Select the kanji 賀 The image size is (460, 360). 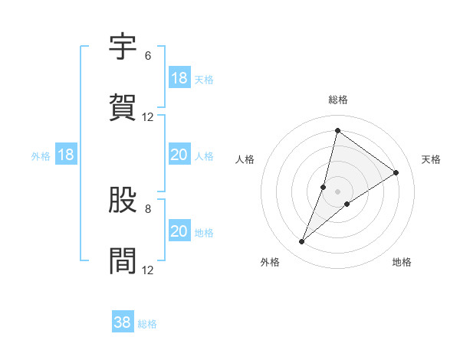pos(123,108)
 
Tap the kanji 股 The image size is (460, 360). pos(123,200)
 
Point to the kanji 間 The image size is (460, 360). pos(123,261)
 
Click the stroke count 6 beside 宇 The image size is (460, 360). pos(147,56)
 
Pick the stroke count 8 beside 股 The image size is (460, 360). pos(147,208)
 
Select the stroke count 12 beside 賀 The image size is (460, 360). pos(148,117)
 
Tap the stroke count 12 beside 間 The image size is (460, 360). pos(148,270)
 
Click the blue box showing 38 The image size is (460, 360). pos(123,323)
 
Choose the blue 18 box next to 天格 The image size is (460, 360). pos(179,78)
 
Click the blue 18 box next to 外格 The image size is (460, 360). pos(66,155)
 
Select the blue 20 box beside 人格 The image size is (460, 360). pos(179,155)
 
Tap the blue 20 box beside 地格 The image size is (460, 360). pos(179,231)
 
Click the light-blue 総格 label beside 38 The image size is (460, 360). pos(147,324)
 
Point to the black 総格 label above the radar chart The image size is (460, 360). pos(337,100)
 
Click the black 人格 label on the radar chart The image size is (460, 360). pos(245,159)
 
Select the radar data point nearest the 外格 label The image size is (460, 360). pos(302,242)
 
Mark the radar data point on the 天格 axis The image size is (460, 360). pos(396,172)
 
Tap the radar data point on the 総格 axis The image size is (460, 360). pos(337,130)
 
